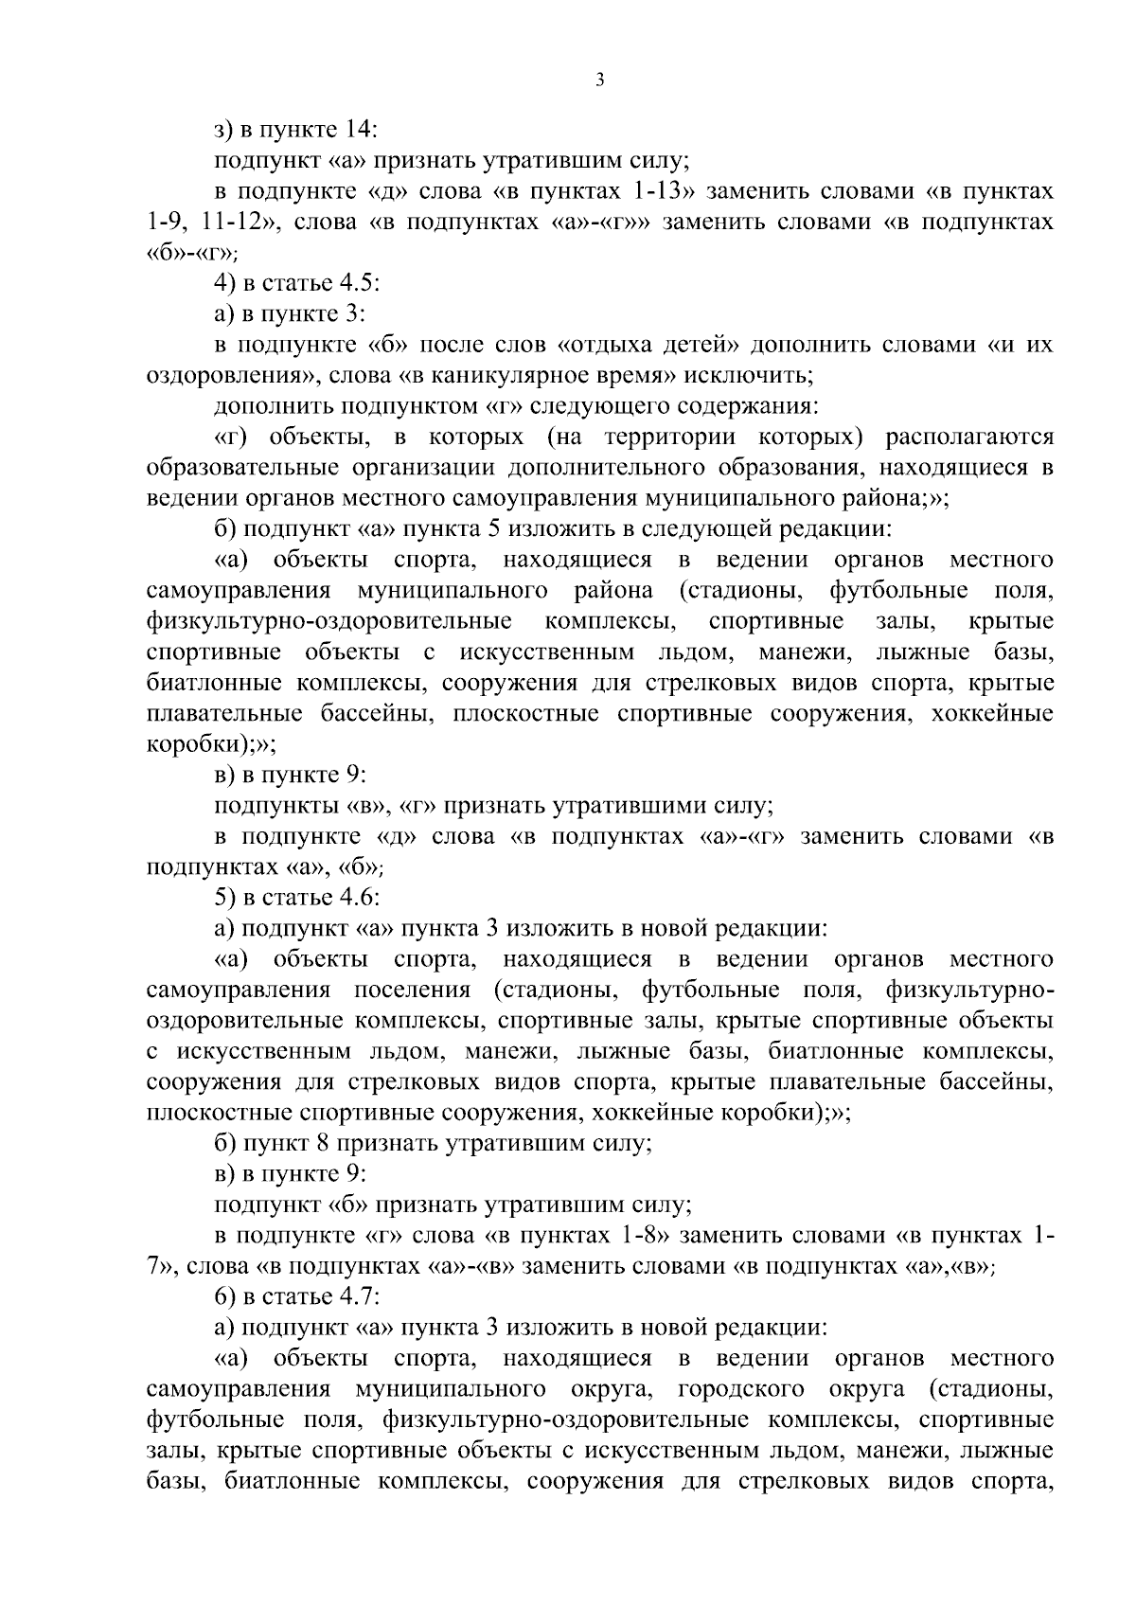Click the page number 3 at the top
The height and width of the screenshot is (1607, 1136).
(600, 80)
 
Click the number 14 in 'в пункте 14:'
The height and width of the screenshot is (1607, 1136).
(358, 130)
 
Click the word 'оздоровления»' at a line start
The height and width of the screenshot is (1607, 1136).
(230, 375)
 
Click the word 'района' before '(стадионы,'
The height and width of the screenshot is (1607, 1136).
(612, 591)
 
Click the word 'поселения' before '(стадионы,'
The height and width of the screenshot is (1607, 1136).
(412, 990)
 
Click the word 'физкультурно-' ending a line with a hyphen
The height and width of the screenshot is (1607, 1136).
(969, 990)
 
